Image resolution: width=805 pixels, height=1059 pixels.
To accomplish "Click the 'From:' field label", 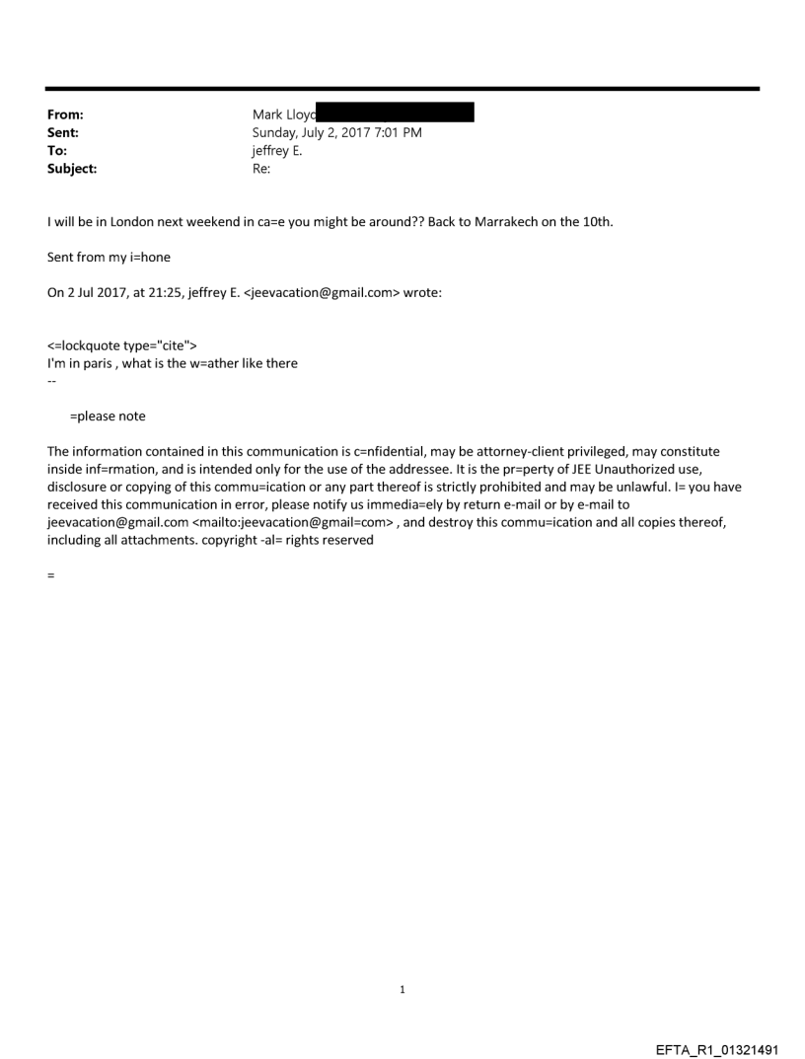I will coord(66,114).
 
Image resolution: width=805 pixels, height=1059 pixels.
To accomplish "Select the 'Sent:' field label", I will coord(64,132).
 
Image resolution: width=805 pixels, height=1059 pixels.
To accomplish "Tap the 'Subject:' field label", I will coord(72,169).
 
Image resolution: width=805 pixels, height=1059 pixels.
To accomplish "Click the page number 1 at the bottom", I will coord(402,989).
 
